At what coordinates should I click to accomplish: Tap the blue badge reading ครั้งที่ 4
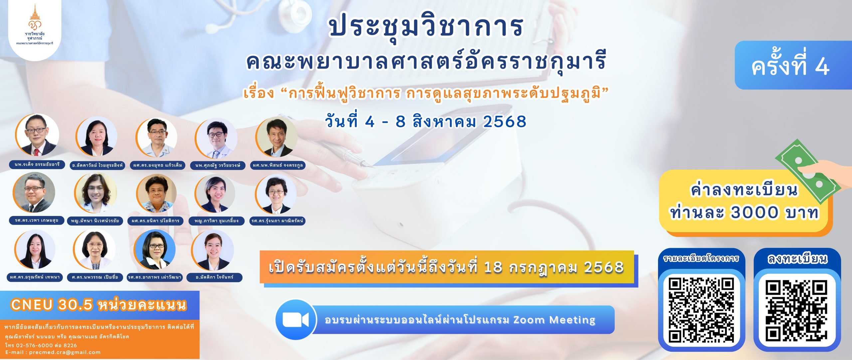[793, 65]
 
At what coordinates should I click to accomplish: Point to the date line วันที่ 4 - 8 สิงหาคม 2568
[426, 121]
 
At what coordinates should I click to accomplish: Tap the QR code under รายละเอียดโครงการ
[701, 310]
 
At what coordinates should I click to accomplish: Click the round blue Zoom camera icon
[296, 320]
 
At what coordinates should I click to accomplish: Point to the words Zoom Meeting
[554, 320]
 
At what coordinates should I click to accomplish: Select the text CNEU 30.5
[52, 304]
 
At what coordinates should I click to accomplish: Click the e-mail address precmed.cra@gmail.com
[65, 352]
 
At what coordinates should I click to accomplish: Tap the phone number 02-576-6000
[34, 345]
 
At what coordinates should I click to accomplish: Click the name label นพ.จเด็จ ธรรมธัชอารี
[37, 164]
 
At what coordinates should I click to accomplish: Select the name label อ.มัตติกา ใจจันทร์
[215, 277]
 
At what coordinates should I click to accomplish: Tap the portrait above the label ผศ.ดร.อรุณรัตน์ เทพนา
[35, 249]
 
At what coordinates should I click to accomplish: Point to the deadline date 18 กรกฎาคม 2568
[553, 267]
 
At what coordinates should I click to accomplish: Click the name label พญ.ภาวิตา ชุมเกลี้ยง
[217, 221]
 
